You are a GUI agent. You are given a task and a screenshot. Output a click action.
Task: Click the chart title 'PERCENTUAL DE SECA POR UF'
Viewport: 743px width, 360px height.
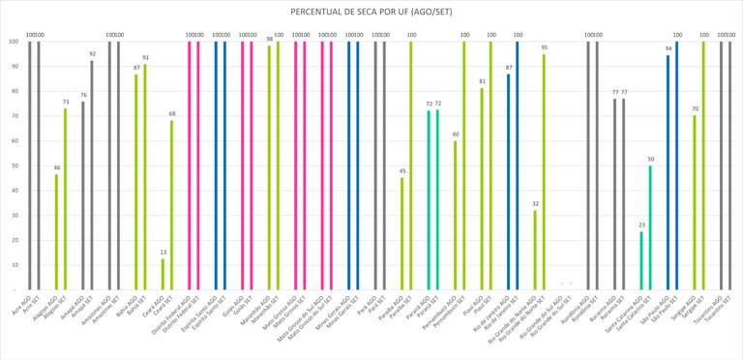(x=371, y=12)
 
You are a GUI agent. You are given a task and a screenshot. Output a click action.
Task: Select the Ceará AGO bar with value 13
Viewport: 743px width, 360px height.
(x=163, y=274)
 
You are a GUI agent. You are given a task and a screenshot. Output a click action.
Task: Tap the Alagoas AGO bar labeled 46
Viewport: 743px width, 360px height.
(x=56, y=232)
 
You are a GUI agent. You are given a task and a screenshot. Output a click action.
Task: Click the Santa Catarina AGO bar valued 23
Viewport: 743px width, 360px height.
(x=640, y=260)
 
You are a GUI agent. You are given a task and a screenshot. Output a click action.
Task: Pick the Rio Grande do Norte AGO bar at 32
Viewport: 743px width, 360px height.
(x=535, y=250)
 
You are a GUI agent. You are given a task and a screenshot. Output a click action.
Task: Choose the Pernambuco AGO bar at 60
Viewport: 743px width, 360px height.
(x=456, y=215)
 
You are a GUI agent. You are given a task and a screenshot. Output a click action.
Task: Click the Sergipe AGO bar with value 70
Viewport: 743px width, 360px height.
(x=694, y=202)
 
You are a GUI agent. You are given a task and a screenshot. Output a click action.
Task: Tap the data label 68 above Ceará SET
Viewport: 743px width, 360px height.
(x=172, y=114)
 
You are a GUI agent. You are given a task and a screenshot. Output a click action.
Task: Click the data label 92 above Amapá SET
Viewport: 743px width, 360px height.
(x=92, y=54)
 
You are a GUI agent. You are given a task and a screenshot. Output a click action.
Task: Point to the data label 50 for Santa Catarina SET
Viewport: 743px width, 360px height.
(x=650, y=159)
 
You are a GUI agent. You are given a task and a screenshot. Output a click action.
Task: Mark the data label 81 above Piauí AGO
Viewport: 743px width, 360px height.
(x=482, y=81)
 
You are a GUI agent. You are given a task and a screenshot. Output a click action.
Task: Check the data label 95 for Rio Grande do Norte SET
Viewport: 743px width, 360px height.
(x=544, y=47)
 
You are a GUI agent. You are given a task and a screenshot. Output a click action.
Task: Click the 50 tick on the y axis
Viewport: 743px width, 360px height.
(x=14, y=165)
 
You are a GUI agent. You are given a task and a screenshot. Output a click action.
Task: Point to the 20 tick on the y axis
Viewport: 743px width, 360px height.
(x=14, y=240)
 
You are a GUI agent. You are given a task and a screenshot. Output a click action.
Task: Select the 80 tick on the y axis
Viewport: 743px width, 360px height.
(x=14, y=91)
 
